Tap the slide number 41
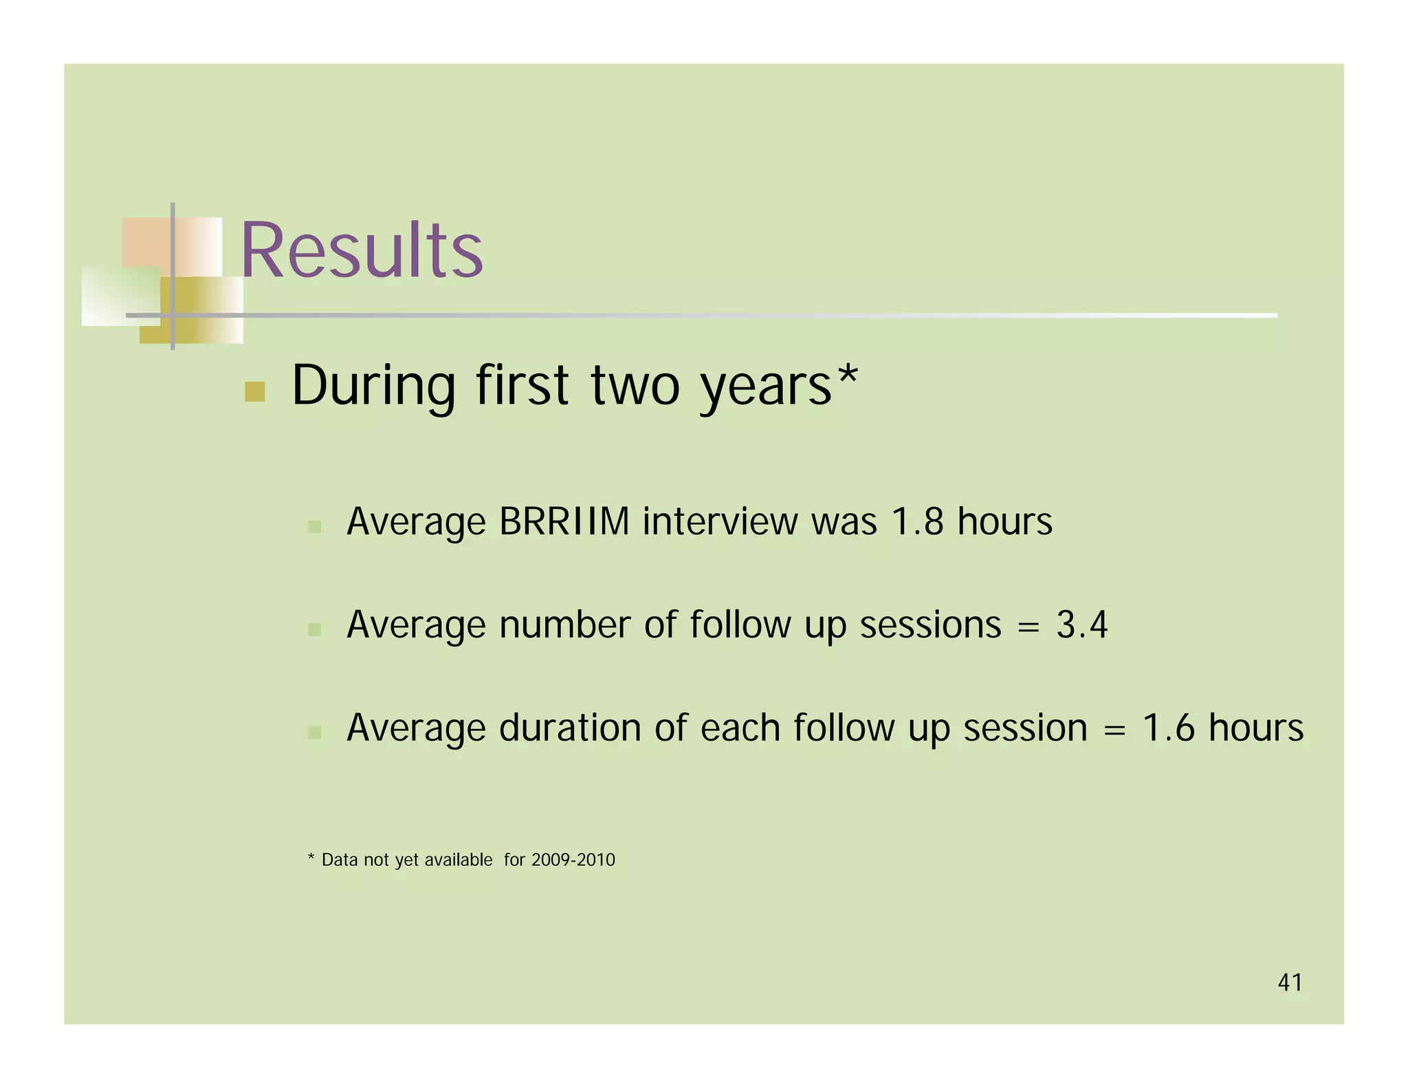[x=1289, y=982]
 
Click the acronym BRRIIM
[x=564, y=521]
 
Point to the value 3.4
[x=1081, y=624]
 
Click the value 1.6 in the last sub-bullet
[x=1168, y=728]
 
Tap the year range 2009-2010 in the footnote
[x=573, y=860]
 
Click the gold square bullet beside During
[x=255, y=391]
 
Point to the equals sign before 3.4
[x=1028, y=627]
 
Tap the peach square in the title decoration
[x=146, y=242]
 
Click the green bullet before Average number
[x=314, y=629]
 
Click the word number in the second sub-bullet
[x=564, y=624]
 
